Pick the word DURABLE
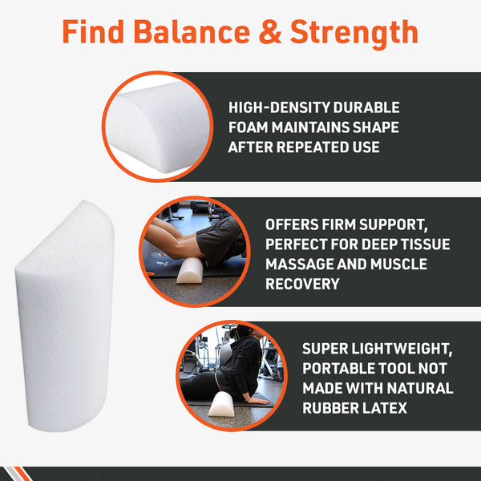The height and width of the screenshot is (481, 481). click(370, 107)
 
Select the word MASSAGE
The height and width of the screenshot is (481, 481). click(305, 264)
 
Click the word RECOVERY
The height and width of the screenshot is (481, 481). click(303, 284)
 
